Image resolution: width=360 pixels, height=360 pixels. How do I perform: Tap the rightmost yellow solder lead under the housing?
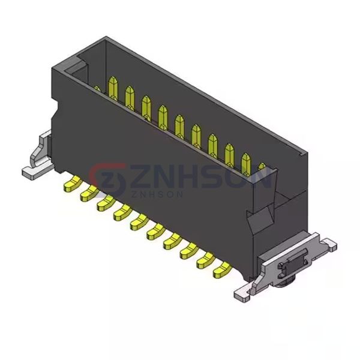(x=222, y=270)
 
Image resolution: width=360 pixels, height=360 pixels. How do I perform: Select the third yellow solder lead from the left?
(x=106, y=203)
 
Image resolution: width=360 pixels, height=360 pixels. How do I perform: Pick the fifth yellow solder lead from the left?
(x=139, y=222)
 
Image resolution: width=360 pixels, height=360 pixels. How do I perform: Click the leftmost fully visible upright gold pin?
(x=113, y=88)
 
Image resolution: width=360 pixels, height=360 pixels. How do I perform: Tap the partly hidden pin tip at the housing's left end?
(x=97, y=89)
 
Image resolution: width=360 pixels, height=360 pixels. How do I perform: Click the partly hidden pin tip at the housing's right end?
(x=262, y=166)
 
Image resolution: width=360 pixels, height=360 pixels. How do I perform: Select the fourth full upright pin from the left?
(x=163, y=117)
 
